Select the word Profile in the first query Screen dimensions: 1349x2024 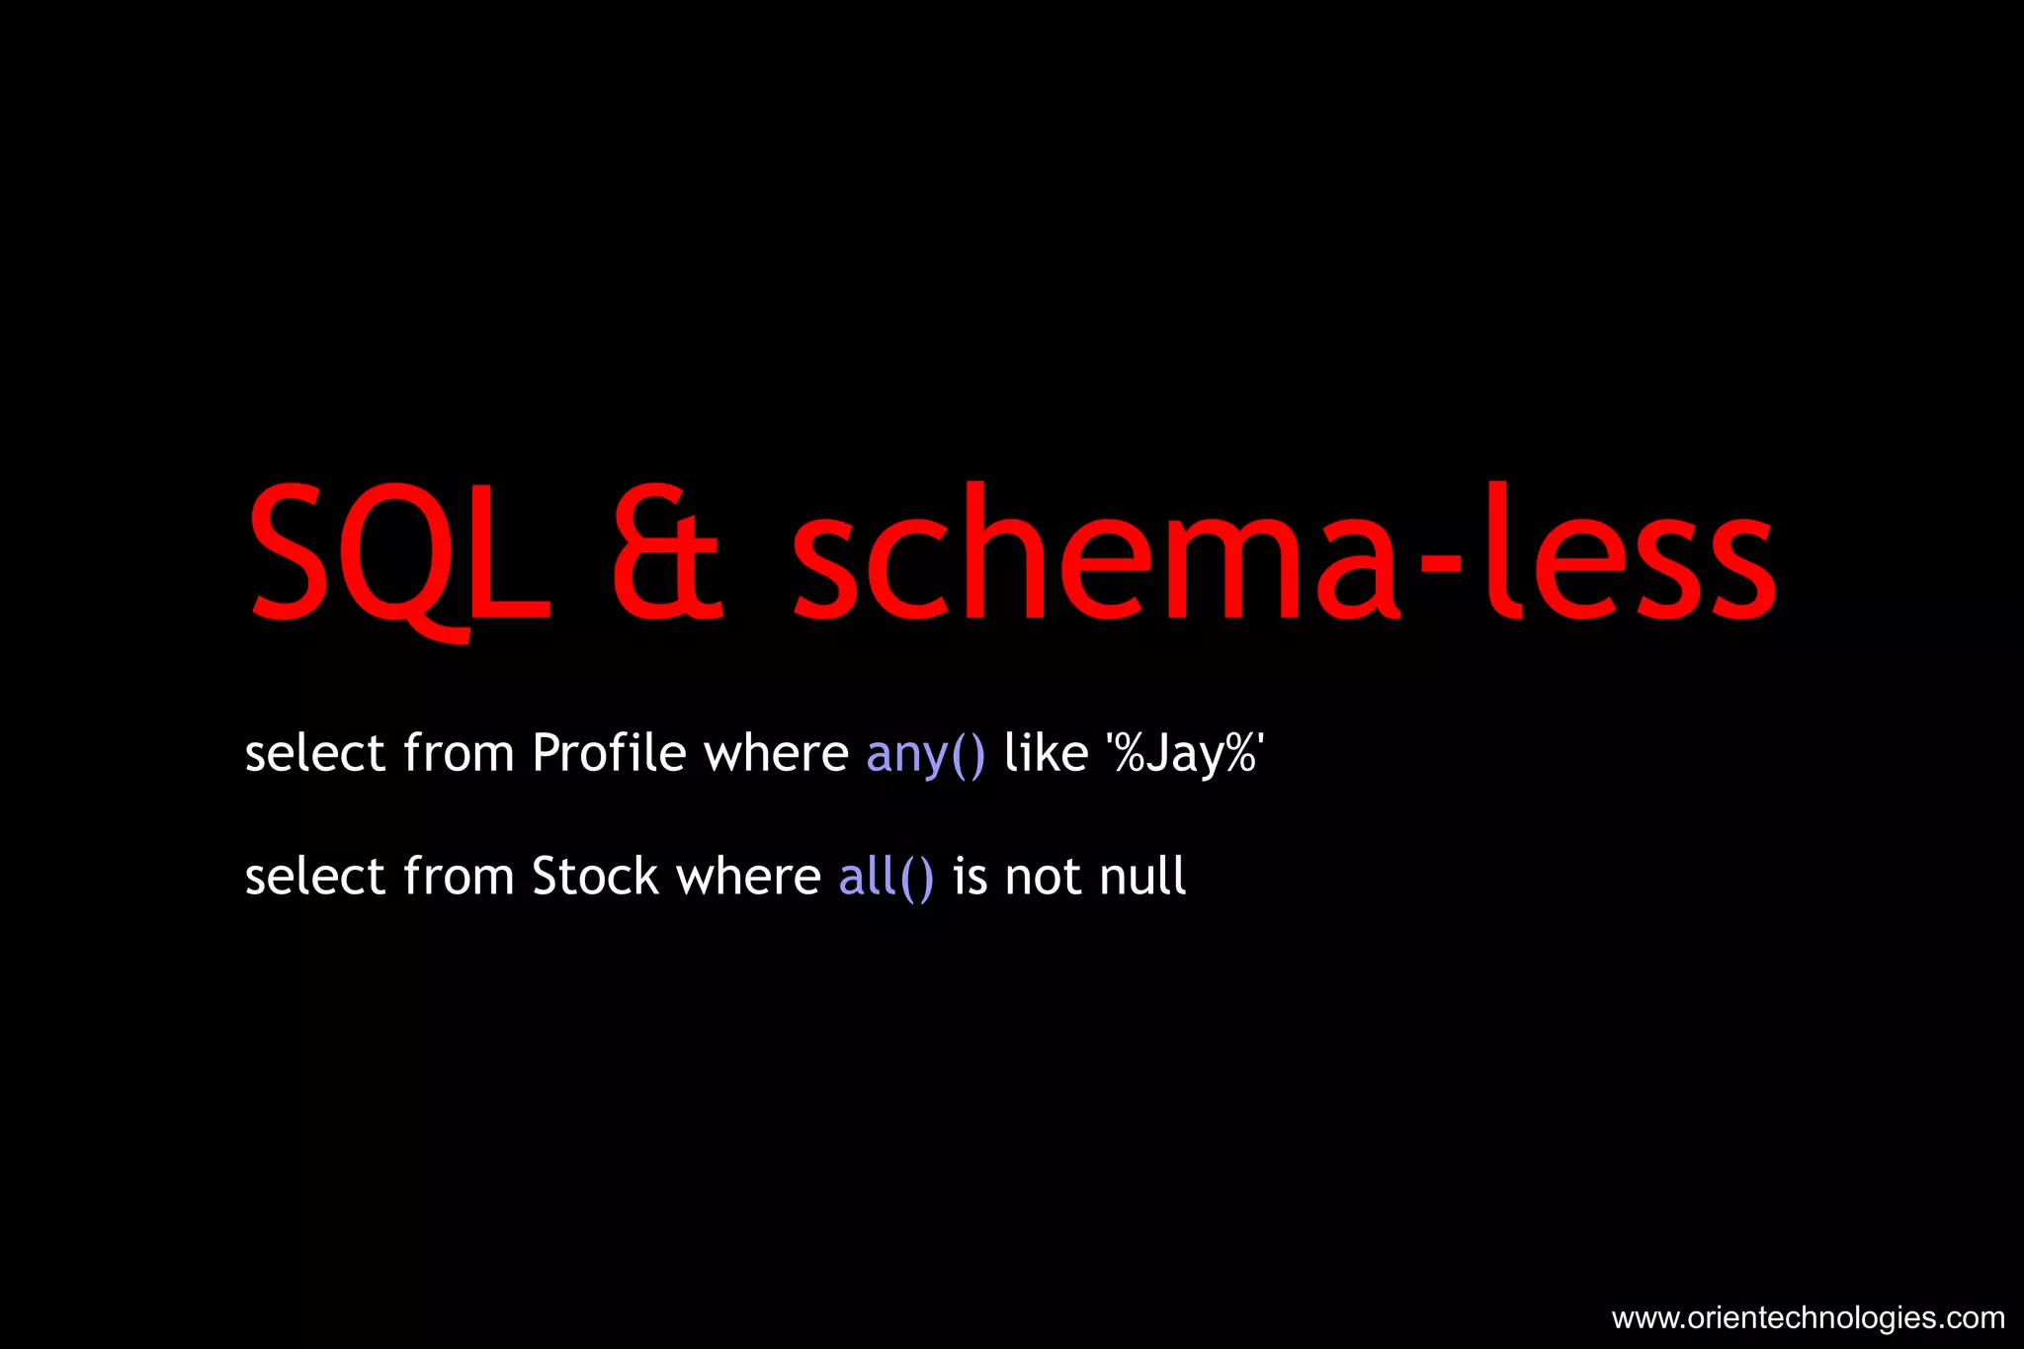(x=609, y=753)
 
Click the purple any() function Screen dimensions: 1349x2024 (x=926, y=754)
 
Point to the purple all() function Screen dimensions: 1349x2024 (x=885, y=877)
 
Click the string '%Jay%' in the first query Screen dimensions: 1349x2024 (x=1185, y=754)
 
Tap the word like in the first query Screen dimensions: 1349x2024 (x=1046, y=753)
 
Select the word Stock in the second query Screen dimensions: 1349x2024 (x=595, y=877)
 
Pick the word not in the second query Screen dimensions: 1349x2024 (x=1044, y=877)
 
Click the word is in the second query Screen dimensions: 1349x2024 (x=970, y=877)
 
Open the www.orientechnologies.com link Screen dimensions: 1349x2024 (x=1808, y=1317)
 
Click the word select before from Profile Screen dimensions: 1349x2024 (x=314, y=753)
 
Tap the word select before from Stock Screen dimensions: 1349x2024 (x=314, y=877)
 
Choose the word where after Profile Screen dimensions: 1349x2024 (x=776, y=753)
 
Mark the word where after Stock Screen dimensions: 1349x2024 (x=748, y=877)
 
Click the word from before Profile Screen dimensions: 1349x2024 (x=459, y=753)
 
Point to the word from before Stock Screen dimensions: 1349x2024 (x=459, y=877)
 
